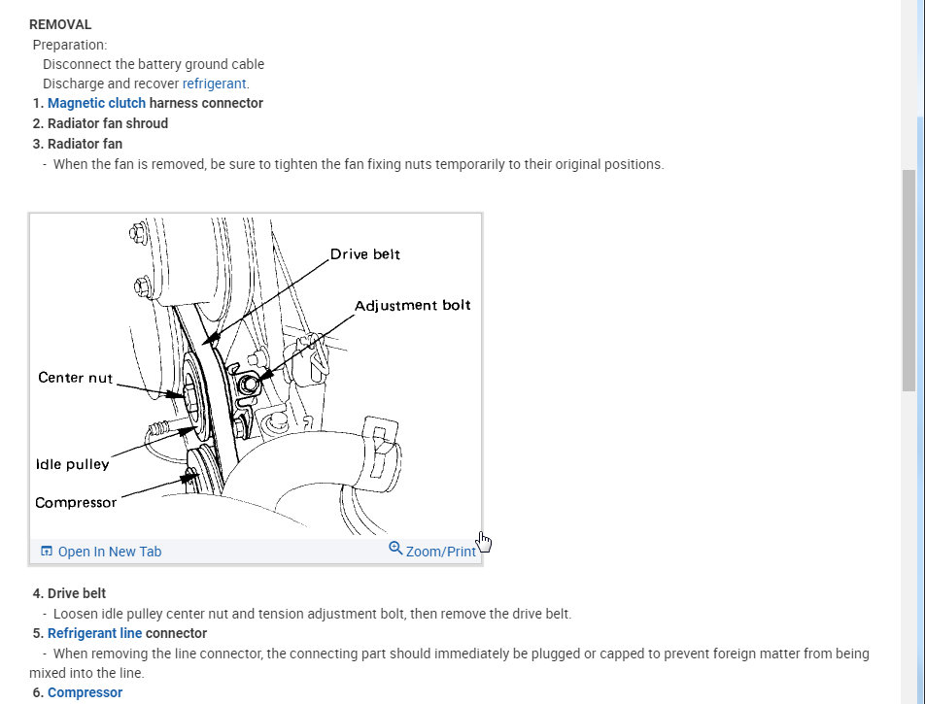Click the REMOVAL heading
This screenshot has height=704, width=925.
60,24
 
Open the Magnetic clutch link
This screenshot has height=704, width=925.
96,103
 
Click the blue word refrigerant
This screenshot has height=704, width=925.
214,84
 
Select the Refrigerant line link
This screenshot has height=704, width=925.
94,633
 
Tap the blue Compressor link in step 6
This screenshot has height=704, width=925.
85,692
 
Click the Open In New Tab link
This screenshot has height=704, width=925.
109,552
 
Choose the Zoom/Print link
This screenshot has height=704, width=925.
440,552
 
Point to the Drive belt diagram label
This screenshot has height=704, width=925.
364,254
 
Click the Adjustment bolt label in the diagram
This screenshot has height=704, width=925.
412,305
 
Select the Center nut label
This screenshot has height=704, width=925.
75,378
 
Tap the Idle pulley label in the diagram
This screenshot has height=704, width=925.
72,464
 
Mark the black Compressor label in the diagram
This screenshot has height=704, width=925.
75,503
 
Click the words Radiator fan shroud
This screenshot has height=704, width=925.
107,123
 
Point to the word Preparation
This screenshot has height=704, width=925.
70,45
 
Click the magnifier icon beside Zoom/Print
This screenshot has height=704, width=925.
395,549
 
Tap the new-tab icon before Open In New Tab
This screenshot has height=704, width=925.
47,552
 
